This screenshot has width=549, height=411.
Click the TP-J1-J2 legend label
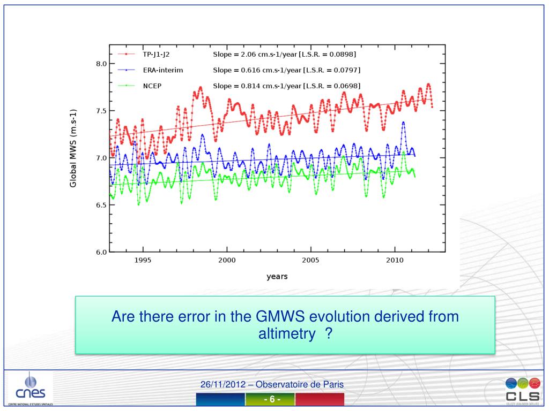(x=159, y=55)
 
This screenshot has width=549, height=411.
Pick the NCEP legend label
(x=152, y=86)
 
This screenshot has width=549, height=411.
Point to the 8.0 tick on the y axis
(x=101, y=64)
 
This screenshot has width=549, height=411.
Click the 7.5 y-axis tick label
(x=101, y=111)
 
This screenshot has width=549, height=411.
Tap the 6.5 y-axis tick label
(x=101, y=205)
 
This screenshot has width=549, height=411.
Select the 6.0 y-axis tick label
(x=101, y=252)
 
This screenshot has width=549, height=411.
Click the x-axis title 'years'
(x=277, y=277)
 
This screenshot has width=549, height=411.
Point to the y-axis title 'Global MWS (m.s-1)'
(x=73, y=148)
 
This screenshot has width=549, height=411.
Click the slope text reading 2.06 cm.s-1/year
(x=285, y=55)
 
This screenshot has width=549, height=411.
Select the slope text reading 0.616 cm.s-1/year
(x=286, y=70)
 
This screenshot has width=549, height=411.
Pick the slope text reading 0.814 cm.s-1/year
(x=286, y=86)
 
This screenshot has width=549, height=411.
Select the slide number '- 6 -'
(x=272, y=400)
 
